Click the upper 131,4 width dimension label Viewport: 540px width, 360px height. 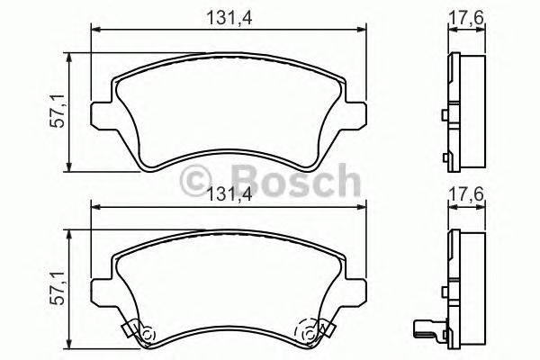230,14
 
